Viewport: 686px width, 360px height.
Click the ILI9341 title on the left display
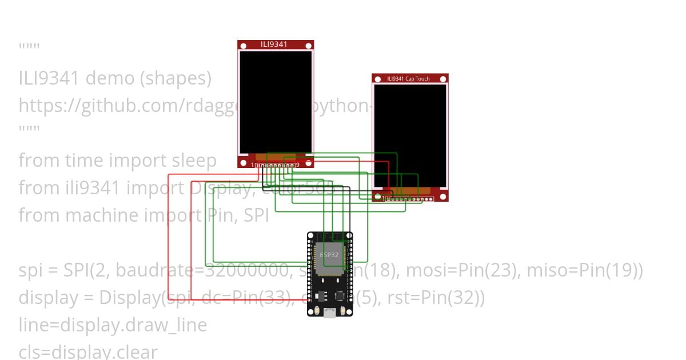pyautogui.click(x=274, y=45)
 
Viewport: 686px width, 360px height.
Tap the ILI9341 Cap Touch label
pyautogui.click(x=408, y=78)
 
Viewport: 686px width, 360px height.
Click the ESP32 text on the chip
pyautogui.click(x=329, y=255)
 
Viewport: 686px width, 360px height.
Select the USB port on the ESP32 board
pyautogui.click(x=329, y=313)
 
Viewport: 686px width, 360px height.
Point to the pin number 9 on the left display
pyautogui.click(x=298, y=165)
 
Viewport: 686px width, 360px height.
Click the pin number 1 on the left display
pyautogui.click(x=252, y=165)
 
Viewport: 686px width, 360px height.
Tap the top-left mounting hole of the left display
pyautogui.click(x=242, y=45)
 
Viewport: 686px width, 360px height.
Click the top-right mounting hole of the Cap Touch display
pyautogui.click(x=443, y=78)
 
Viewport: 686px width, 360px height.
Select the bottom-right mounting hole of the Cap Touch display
pyautogui.click(x=443, y=197)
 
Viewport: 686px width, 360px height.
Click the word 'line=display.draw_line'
pyautogui.click(x=113, y=325)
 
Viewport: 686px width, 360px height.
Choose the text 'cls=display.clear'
pyautogui.click(x=88, y=351)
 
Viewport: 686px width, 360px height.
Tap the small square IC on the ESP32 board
pyautogui.click(x=340, y=296)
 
